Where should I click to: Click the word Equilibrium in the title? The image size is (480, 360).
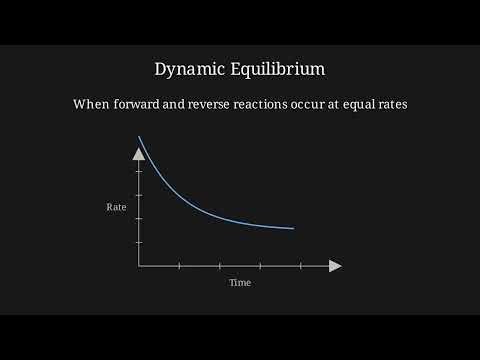(x=275, y=69)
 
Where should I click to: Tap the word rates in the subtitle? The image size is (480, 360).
(x=422, y=104)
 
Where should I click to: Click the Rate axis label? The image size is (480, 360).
(x=116, y=207)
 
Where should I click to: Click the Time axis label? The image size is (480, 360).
(x=240, y=283)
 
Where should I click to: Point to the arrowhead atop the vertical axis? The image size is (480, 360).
(x=139, y=153)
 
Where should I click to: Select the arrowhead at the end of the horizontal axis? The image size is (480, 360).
(x=335, y=266)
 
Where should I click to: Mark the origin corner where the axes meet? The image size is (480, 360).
(x=139, y=266)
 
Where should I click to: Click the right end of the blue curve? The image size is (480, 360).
(x=294, y=228)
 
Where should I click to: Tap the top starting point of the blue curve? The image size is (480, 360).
(x=139, y=136)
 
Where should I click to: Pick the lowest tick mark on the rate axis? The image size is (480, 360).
(x=139, y=242)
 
